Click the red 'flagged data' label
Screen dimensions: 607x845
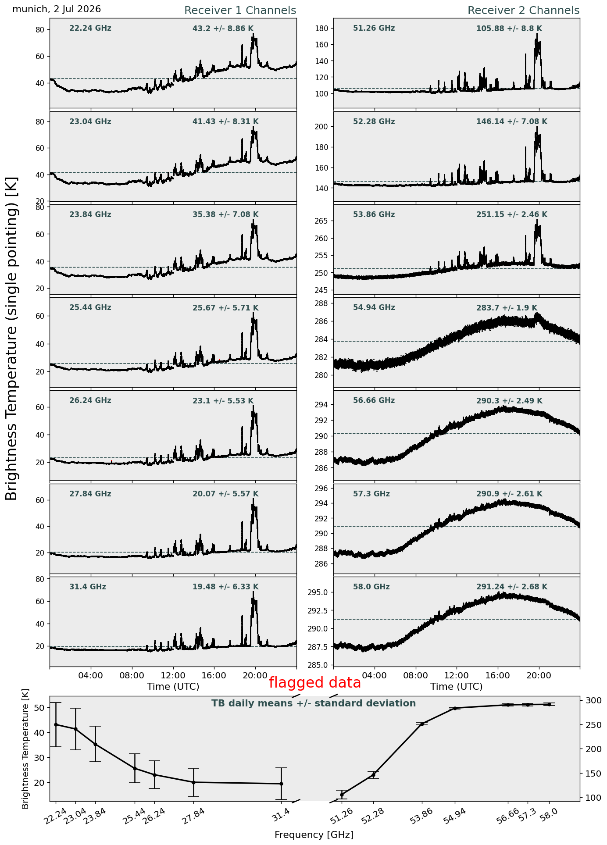tap(314, 683)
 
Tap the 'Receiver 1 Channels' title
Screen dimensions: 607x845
tap(240, 11)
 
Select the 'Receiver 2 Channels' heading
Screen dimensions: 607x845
tap(523, 11)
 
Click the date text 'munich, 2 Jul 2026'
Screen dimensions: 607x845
tap(57, 9)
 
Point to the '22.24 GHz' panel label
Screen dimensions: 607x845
tap(90, 29)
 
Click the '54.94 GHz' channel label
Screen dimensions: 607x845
tap(374, 308)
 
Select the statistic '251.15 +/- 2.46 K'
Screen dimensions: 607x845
tap(511, 215)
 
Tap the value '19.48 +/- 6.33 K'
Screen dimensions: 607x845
tap(225, 587)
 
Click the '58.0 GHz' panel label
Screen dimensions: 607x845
tap(371, 587)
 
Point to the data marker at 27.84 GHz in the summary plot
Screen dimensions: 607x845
tap(193, 782)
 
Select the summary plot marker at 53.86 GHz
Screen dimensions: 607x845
tap(422, 724)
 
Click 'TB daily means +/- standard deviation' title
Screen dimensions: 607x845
tap(314, 704)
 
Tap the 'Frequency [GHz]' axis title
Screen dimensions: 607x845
tap(314, 835)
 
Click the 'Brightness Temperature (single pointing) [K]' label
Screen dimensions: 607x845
tap(12, 338)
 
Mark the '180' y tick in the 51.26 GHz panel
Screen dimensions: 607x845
tap(322, 29)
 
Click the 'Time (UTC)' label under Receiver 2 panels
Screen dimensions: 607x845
tap(456, 687)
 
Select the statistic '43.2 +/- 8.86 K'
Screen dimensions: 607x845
tap(223, 29)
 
